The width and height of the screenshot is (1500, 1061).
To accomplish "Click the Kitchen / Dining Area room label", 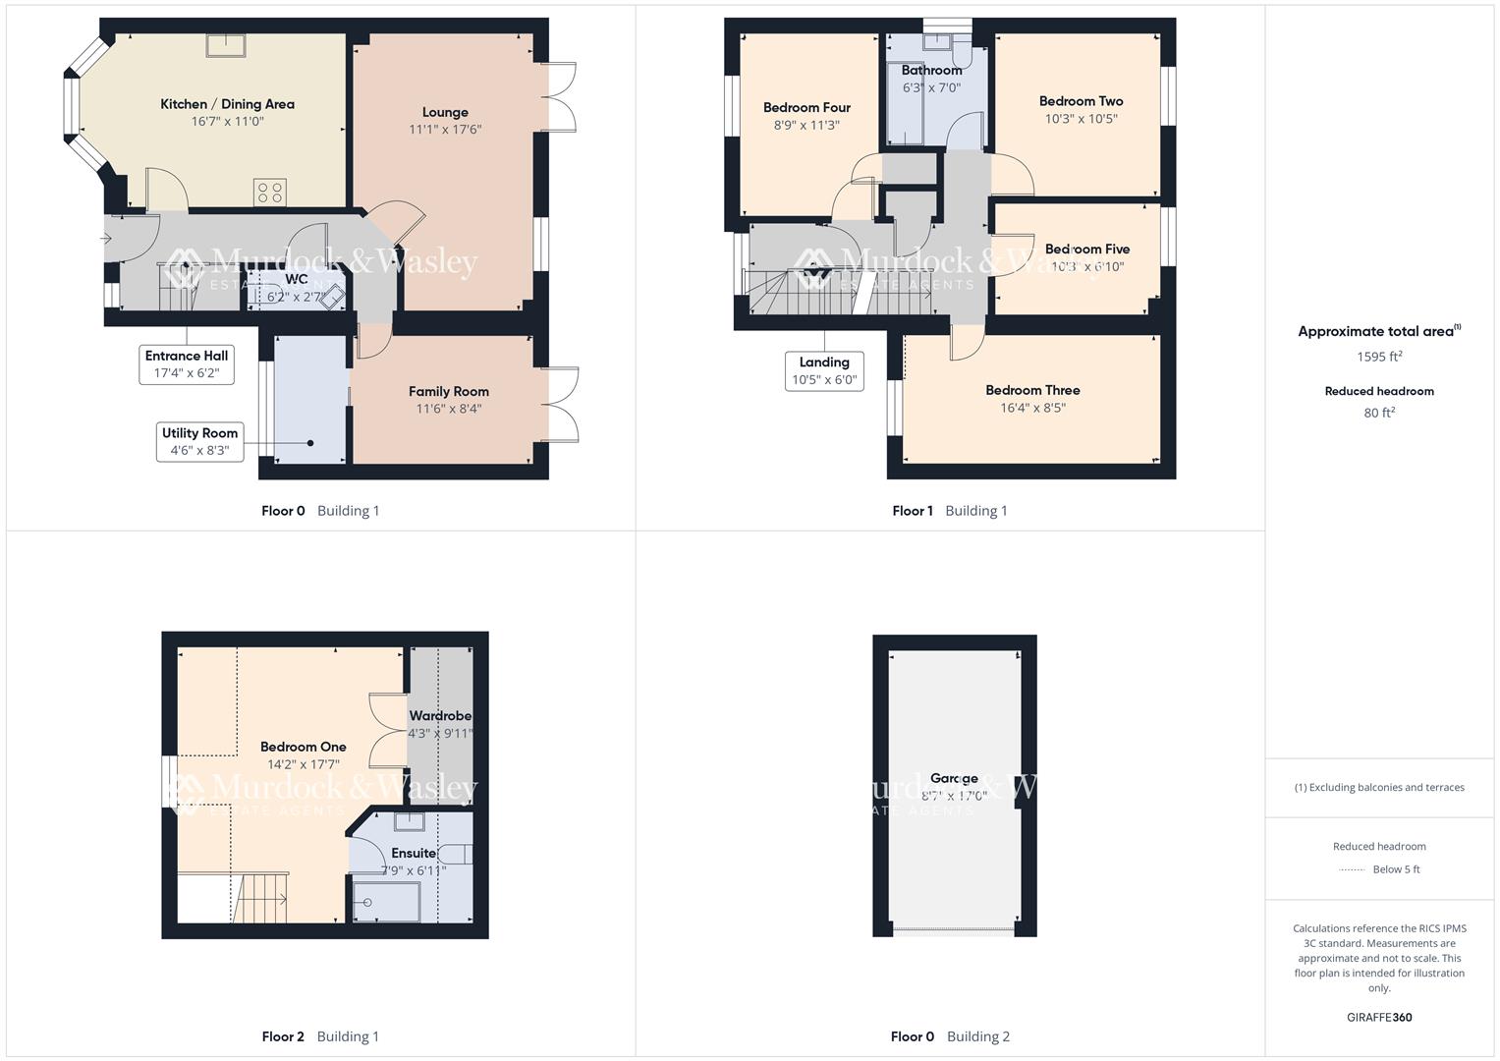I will click(x=227, y=104).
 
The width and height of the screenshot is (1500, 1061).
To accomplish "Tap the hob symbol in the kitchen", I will click(x=271, y=193).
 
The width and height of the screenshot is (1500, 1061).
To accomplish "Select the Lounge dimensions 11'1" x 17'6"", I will click(x=445, y=130).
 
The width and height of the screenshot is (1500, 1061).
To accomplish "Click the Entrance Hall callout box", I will click(x=187, y=364).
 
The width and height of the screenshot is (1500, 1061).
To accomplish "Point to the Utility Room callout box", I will click(x=199, y=442).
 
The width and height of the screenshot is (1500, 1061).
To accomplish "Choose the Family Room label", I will click(x=449, y=391).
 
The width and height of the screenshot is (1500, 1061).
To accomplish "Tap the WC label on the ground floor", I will click(x=297, y=279).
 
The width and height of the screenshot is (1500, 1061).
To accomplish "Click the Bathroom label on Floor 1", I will click(x=931, y=71).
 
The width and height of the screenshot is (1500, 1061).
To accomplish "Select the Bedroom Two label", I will click(x=1081, y=101).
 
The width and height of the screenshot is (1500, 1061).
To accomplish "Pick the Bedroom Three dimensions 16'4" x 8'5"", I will click(x=1032, y=408).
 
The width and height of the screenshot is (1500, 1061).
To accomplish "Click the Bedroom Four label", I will click(x=806, y=108).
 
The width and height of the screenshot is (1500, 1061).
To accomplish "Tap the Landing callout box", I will click(x=824, y=371).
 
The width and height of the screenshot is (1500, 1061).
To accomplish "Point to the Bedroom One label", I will click(x=303, y=747).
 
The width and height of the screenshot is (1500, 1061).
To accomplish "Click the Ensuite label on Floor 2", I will click(x=413, y=853).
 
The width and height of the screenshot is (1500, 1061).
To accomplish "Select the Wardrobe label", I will click(x=440, y=716).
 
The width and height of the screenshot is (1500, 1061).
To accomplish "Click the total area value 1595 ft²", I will click(x=1379, y=357).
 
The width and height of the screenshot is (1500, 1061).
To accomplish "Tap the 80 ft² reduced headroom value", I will click(x=1379, y=413).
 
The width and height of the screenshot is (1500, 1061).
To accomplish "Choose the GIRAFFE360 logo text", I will click(x=1379, y=1017).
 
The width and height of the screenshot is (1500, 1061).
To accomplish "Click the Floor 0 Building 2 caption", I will click(x=950, y=1036).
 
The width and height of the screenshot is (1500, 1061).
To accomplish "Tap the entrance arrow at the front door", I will click(x=107, y=238).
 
